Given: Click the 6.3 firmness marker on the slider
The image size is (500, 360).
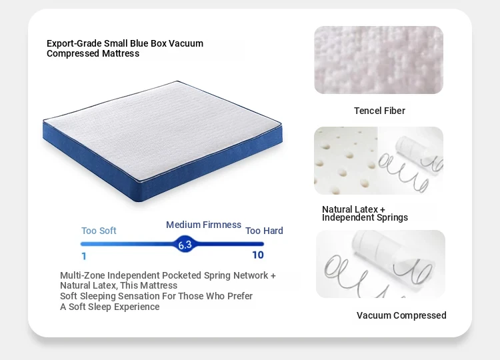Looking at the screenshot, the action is click(x=185, y=244).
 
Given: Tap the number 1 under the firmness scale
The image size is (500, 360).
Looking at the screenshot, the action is click(x=84, y=256).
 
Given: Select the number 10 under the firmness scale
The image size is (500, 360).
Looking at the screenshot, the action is click(x=258, y=255).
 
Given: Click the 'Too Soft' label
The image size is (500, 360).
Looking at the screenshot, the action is click(x=99, y=231).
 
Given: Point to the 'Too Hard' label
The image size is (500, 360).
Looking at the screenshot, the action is click(x=264, y=231).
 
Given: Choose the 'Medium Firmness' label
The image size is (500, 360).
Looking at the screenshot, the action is click(x=203, y=225).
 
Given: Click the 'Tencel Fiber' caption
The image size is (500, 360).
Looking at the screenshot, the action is click(x=379, y=111).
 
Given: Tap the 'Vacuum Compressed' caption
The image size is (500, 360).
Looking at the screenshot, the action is click(x=401, y=315).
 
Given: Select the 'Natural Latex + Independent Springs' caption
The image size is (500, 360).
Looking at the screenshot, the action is click(x=365, y=213).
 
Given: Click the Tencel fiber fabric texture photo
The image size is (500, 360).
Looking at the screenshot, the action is click(x=379, y=60).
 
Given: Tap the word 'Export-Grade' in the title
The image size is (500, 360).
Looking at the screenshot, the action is click(x=74, y=43).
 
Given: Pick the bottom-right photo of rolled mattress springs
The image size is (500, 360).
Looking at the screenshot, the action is click(x=381, y=264).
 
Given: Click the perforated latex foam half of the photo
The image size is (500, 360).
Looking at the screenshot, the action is click(x=346, y=161).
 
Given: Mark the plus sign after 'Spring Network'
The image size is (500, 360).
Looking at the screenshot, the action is click(x=273, y=276).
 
